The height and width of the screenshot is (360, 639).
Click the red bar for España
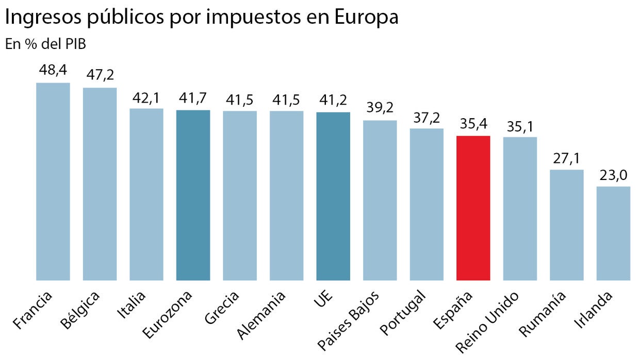473,208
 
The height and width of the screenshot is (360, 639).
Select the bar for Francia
53,182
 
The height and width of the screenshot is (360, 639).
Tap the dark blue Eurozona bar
193,195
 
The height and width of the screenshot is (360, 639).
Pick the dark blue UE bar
333,196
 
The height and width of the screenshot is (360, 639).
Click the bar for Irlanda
613,233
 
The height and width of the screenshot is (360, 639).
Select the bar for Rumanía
566,225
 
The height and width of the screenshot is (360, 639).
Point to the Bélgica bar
100,184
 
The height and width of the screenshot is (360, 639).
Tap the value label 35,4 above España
473,124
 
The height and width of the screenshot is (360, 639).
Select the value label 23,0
613,175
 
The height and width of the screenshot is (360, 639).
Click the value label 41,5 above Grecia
240,99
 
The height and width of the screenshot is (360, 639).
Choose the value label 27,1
566,158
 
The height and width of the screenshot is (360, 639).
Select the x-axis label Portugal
404,313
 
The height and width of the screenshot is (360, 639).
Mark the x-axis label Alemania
261,315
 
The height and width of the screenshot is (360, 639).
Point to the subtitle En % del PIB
45,44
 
